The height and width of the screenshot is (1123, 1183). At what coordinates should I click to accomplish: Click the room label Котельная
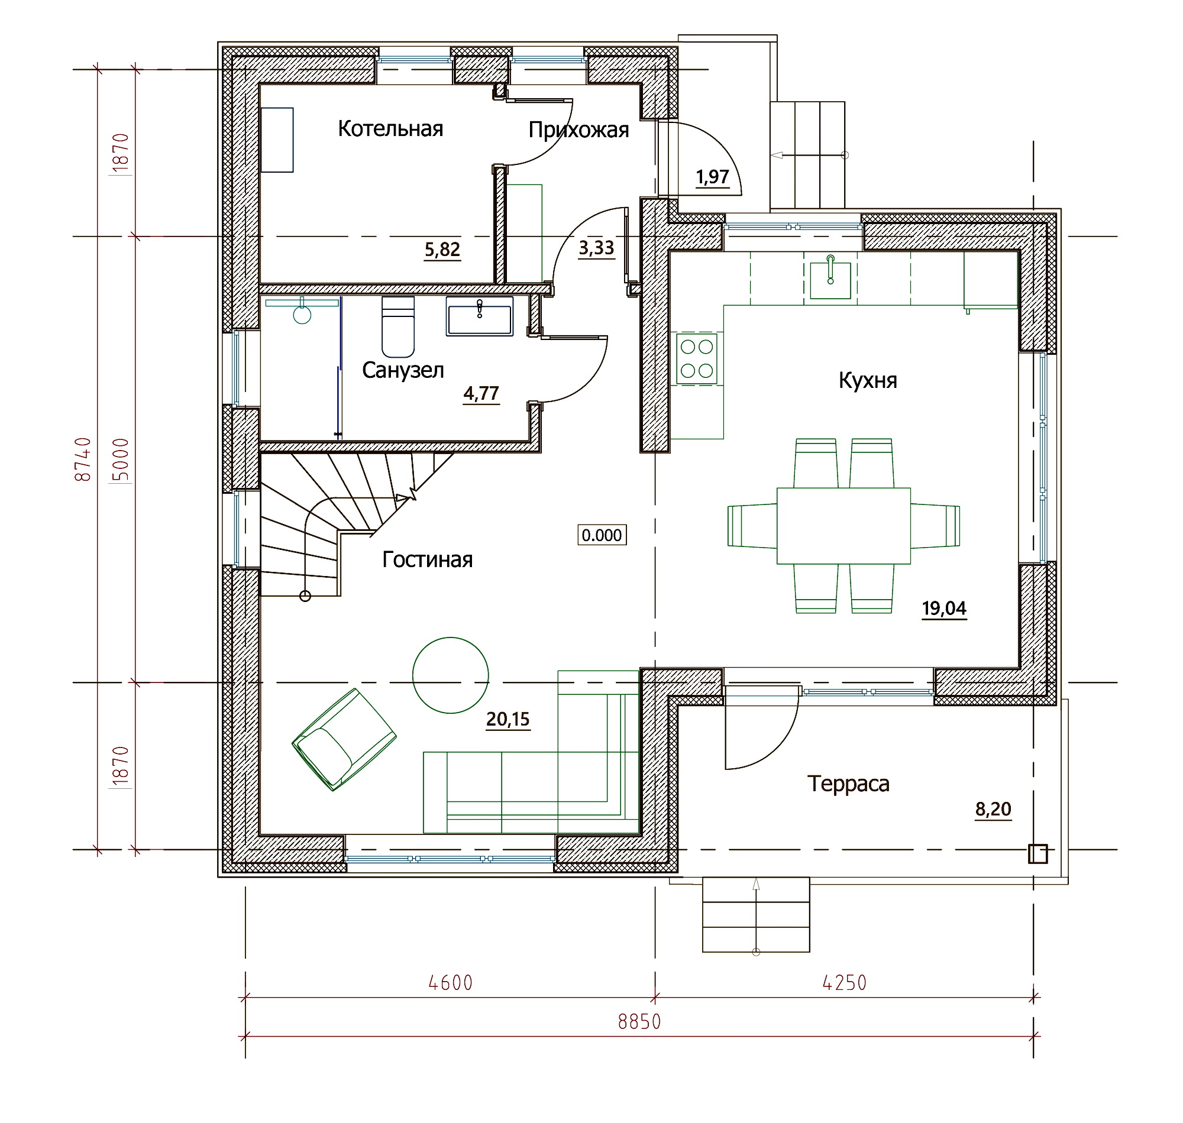(390, 129)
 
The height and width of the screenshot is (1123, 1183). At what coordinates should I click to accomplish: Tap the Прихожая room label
(578, 130)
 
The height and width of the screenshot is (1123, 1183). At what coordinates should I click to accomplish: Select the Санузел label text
(403, 370)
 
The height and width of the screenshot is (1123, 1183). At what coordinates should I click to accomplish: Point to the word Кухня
(868, 380)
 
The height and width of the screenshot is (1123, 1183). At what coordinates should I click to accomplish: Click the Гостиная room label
(428, 559)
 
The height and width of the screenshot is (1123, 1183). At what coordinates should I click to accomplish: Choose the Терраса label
(848, 784)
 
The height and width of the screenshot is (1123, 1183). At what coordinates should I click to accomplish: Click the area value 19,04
(944, 608)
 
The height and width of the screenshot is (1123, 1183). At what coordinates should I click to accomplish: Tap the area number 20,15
(508, 719)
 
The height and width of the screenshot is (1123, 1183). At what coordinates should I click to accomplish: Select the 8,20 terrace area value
(993, 809)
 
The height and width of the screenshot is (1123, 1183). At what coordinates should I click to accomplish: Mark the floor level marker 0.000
(602, 535)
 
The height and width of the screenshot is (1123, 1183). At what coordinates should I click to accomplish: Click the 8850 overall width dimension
(639, 1022)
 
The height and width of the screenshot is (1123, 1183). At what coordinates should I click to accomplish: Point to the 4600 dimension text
(450, 983)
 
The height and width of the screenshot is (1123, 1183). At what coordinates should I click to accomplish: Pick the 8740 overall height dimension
(83, 459)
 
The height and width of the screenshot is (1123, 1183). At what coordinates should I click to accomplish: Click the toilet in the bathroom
(398, 327)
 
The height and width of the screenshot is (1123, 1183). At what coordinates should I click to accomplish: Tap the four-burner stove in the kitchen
(697, 358)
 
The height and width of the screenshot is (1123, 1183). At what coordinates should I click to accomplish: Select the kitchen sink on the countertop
(830, 279)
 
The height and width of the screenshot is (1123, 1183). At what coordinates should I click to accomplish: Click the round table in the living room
(450, 675)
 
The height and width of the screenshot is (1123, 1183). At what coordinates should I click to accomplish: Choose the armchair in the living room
(344, 739)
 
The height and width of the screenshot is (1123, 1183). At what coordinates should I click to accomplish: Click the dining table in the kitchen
(843, 526)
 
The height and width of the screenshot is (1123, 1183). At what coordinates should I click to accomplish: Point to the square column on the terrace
(1037, 853)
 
